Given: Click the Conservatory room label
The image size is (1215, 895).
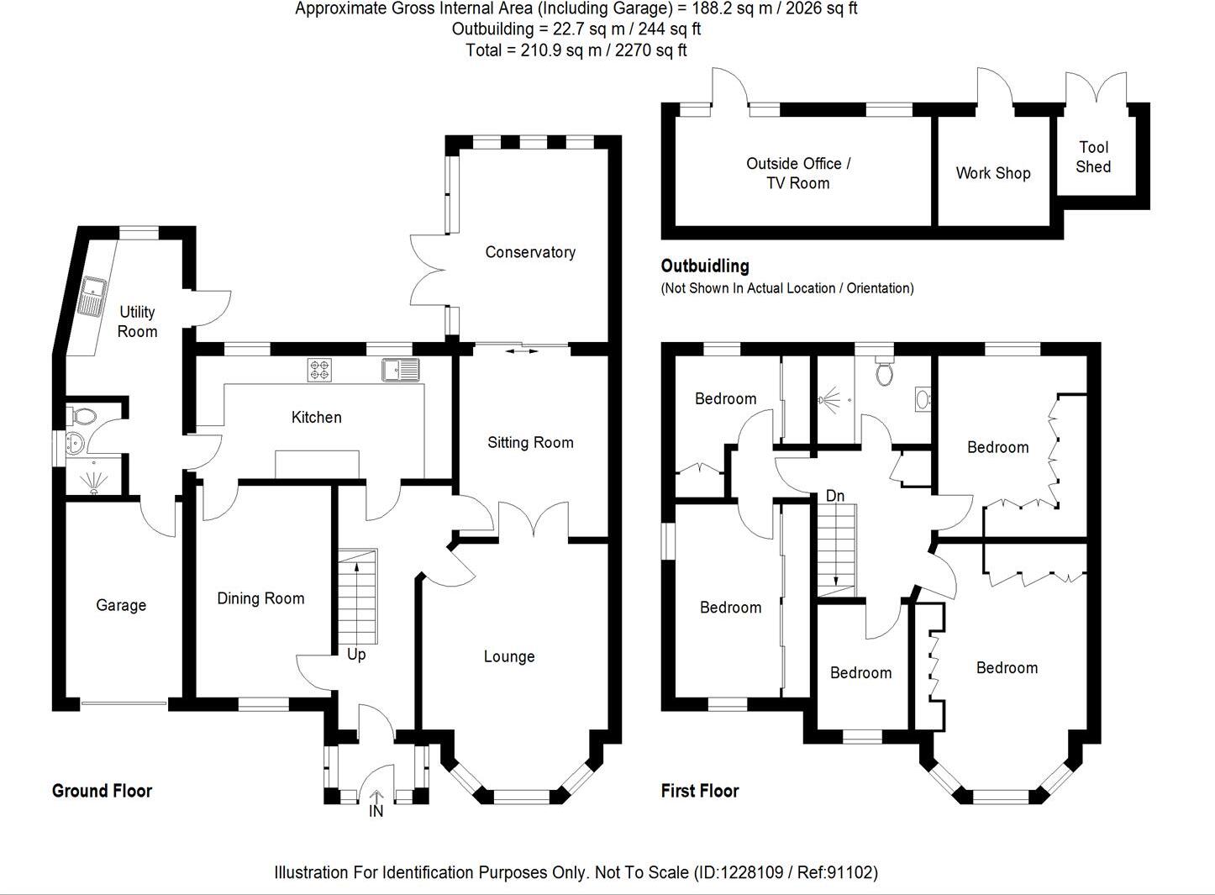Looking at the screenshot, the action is [530, 252].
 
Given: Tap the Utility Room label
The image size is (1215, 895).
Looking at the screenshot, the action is [137, 321].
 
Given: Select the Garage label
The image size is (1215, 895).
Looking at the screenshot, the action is [121, 605].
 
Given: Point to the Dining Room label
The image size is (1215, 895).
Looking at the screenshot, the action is [260, 598].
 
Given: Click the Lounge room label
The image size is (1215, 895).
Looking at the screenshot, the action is [509, 656].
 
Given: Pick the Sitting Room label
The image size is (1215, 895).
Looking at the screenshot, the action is [530, 442].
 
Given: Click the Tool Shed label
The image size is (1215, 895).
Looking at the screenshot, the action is [1093, 157].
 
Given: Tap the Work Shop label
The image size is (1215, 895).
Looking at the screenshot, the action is [993, 173].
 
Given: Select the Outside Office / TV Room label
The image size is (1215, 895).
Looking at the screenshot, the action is [798, 173].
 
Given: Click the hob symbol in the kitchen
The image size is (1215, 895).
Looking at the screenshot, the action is [320, 368].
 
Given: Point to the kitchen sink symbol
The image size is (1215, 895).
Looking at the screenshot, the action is [400, 368].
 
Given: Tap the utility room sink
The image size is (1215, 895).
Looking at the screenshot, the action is [92, 295].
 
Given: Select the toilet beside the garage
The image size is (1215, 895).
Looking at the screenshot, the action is [82, 415].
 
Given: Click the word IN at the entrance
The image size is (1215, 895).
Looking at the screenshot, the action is [376, 812].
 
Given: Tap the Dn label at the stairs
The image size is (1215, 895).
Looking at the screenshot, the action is [834, 496].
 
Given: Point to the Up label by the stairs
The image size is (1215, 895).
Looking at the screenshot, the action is [356, 654].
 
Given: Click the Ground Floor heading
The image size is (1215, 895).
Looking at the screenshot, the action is [102, 791].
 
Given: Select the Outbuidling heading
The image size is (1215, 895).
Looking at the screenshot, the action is [704, 266].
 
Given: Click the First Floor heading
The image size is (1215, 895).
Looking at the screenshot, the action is [700, 791].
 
